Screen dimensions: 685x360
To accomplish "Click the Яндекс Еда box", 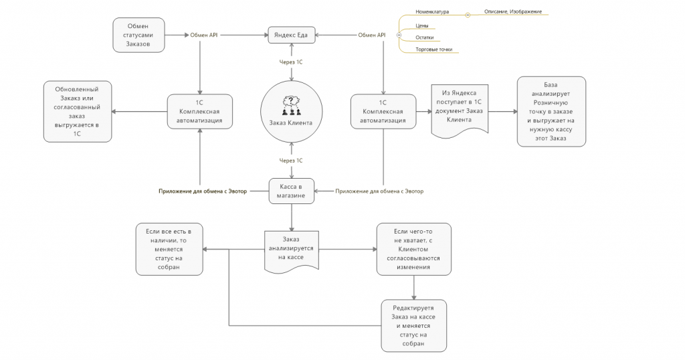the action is click(x=292, y=35).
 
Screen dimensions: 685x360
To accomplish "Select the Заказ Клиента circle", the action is click(x=292, y=111).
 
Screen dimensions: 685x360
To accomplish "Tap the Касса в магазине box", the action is click(x=292, y=191).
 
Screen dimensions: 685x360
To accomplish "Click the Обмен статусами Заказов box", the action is click(x=138, y=35).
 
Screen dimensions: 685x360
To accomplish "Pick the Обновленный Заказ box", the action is click(x=78, y=111).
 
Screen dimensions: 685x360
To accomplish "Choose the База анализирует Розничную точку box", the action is click(x=551, y=111).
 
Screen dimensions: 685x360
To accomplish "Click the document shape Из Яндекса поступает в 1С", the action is click(x=460, y=110).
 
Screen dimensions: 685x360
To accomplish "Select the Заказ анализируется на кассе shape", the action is click(x=292, y=250).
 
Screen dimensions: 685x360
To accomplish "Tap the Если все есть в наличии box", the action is click(x=169, y=249).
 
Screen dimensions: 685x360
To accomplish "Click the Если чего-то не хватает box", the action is click(x=413, y=249).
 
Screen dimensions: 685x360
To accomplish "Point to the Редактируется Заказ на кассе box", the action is click(x=413, y=325).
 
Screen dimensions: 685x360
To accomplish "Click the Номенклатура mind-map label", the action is click(x=432, y=12).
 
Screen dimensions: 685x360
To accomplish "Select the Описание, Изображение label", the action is click(x=513, y=11).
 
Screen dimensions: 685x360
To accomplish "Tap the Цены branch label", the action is click(x=422, y=26).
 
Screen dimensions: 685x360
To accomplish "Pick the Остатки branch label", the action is click(x=425, y=37).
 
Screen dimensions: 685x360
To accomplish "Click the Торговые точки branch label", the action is click(x=433, y=50).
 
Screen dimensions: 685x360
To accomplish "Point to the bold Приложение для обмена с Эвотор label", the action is click(x=203, y=191).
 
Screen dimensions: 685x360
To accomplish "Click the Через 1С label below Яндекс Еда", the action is click(x=291, y=62).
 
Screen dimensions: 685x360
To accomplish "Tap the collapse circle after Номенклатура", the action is click(x=468, y=15).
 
